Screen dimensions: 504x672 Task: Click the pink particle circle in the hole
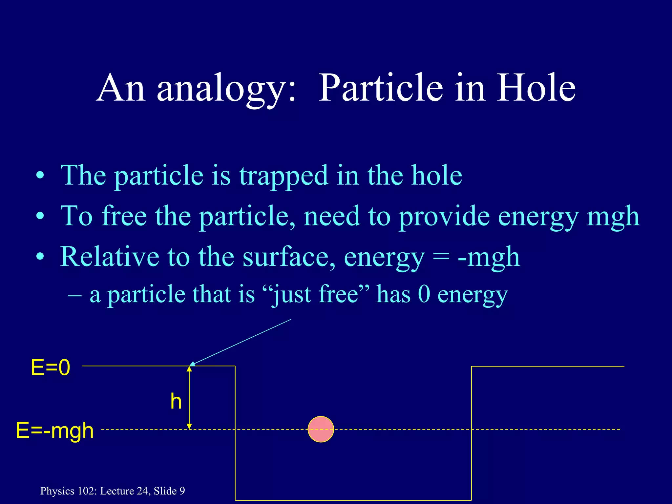(x=321, y=429)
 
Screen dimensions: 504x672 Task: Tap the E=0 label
(x=50, y=367)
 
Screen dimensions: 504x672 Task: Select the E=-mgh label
(x=55, y=430)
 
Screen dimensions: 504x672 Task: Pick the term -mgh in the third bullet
(x=489, y=257)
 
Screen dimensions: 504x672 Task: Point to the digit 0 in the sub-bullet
(x=424, y=294)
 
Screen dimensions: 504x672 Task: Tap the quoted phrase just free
(x=316, y=294)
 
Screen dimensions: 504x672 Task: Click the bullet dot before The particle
(x=40, y=176)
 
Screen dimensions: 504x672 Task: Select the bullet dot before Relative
(x=40, y=257)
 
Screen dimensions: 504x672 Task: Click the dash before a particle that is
(x=75, y=294)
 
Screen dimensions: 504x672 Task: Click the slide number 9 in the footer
(x=182, y=491)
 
